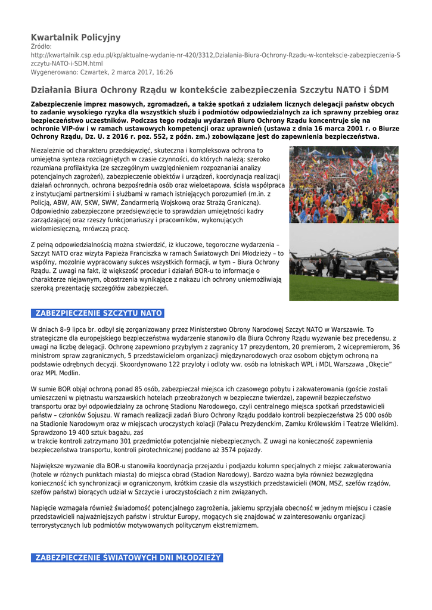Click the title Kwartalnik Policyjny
[76, 37]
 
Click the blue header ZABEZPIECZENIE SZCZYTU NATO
[98, 313]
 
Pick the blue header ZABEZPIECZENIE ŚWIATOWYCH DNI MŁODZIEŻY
[127, 558]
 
